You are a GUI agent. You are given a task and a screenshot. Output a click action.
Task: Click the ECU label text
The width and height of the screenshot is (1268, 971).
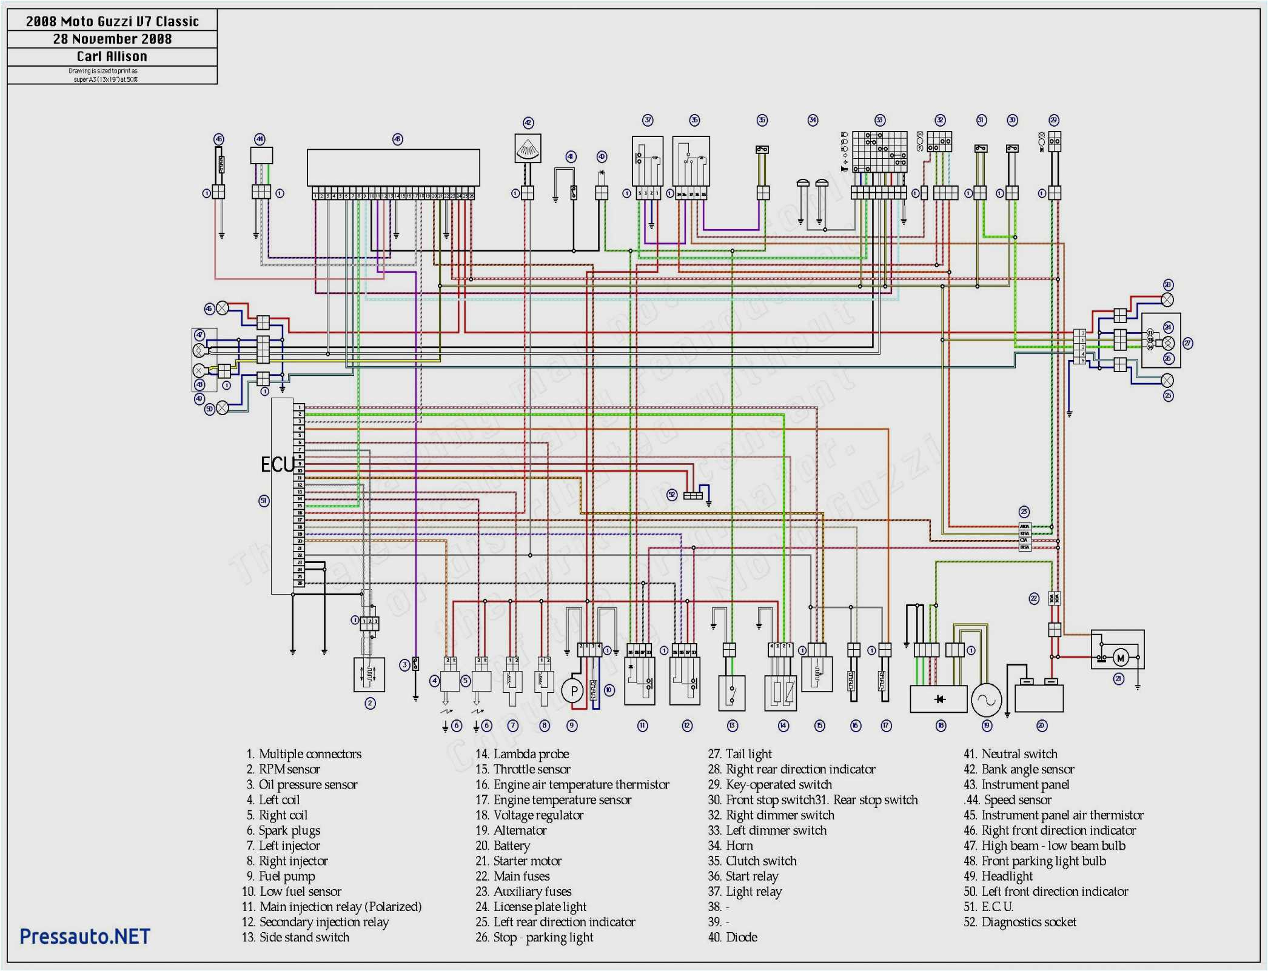pyautogui.click(x=277, y=465)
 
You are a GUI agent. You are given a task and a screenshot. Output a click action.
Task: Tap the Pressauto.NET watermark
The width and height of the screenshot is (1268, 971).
pyautogui.click(x=85, y=936)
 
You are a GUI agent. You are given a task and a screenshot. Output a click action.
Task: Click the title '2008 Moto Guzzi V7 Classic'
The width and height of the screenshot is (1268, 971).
pyautogui.click(x=112, y=22)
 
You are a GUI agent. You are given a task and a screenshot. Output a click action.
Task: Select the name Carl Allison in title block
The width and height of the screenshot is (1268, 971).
pyautogui.click(x=112, y=56)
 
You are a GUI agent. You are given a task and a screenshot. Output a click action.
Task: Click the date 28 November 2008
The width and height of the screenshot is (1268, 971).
pyautogui.click(x=112, y=39)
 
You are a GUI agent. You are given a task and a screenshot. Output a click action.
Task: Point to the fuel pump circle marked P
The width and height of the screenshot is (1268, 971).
pyautogui.click(x=573, y=691)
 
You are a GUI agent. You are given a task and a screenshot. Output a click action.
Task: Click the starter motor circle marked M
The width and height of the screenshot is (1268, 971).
pyautogui.click(x=1120, y=658)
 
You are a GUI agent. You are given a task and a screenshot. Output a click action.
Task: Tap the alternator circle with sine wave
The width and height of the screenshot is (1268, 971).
pyautogui.click(x=987, y=700)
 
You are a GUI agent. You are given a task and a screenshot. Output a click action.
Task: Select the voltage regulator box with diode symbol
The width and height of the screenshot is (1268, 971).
pyautogui.click(x=939, y=699)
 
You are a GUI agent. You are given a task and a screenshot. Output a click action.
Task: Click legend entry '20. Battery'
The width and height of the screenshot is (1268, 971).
pyautogui.click(x=503, y=846)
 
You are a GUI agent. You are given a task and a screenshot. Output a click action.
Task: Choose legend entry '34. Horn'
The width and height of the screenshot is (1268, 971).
pyautogui.click(x=731, y=846)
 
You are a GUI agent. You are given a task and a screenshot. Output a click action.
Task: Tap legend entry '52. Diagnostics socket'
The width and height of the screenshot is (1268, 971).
pyautogui.click(x=1020, y=922)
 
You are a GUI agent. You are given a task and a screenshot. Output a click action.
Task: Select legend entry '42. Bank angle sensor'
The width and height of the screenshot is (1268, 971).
pyautogui.click(x=1019, y=769)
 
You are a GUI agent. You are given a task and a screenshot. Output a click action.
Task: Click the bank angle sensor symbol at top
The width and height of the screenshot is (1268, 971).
pyautogui.click(x=528, y=148)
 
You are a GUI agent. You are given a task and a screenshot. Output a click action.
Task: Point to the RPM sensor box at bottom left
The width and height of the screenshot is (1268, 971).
pyautogui.click(x=369, y=675)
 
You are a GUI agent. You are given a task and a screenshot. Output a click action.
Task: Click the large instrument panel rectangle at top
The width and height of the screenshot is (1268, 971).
pyautogui.click(x=394, y=167)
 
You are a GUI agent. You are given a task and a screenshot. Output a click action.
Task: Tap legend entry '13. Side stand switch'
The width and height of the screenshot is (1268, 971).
pyautogui.click(x=296, y=937)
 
